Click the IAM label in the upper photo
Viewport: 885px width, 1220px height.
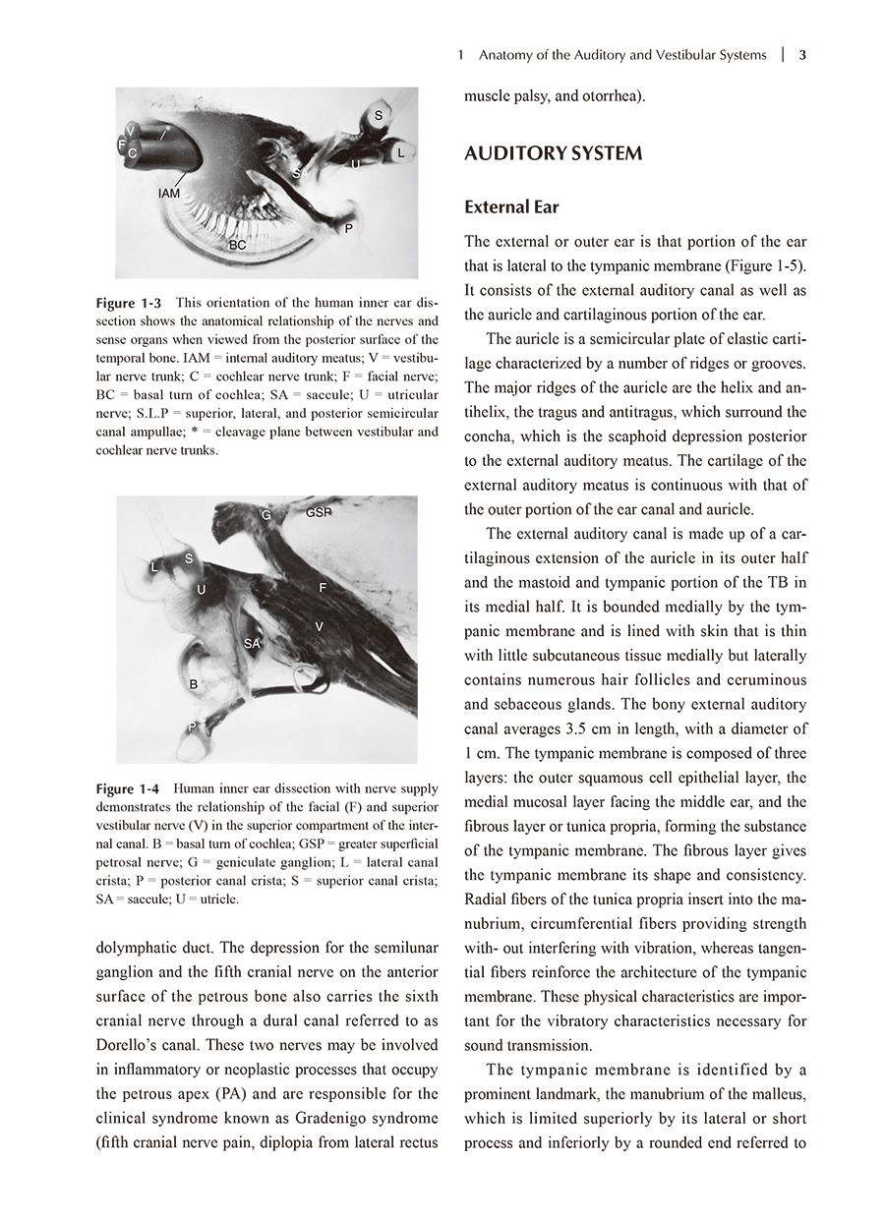169,194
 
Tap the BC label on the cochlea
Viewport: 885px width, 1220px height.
238,244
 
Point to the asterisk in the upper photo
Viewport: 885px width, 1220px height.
168,128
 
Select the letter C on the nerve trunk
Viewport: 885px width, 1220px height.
132,153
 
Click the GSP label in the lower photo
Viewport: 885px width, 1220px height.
319,512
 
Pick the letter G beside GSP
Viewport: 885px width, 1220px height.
266,515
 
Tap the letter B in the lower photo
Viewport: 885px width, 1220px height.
194,683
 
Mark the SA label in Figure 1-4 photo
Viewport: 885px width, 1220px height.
253,644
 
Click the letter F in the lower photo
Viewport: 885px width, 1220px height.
323,587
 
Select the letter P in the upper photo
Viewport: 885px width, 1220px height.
348,228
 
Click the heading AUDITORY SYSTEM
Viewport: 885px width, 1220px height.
553,153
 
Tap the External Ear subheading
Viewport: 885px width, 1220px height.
511,207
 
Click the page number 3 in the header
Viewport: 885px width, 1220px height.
802,55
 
